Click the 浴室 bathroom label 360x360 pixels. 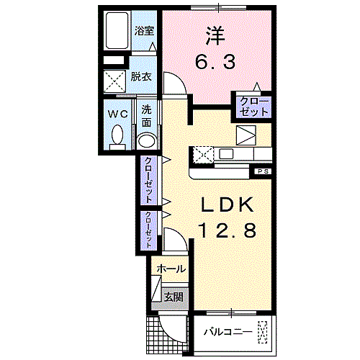[x=144, y=30]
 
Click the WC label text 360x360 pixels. [x=117, y=114]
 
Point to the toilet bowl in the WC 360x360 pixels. [x=118, y=135]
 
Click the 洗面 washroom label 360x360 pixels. [x=146, y=114]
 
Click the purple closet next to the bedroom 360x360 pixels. [x=251, y=105]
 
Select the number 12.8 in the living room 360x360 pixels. [x=226, y=231]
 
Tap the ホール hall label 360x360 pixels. [x=171, y=269]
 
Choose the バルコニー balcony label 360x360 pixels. [x=226, y=333]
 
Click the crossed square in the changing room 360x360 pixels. [x=114, y=80]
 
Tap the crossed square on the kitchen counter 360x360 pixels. [x=202, y=153]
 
